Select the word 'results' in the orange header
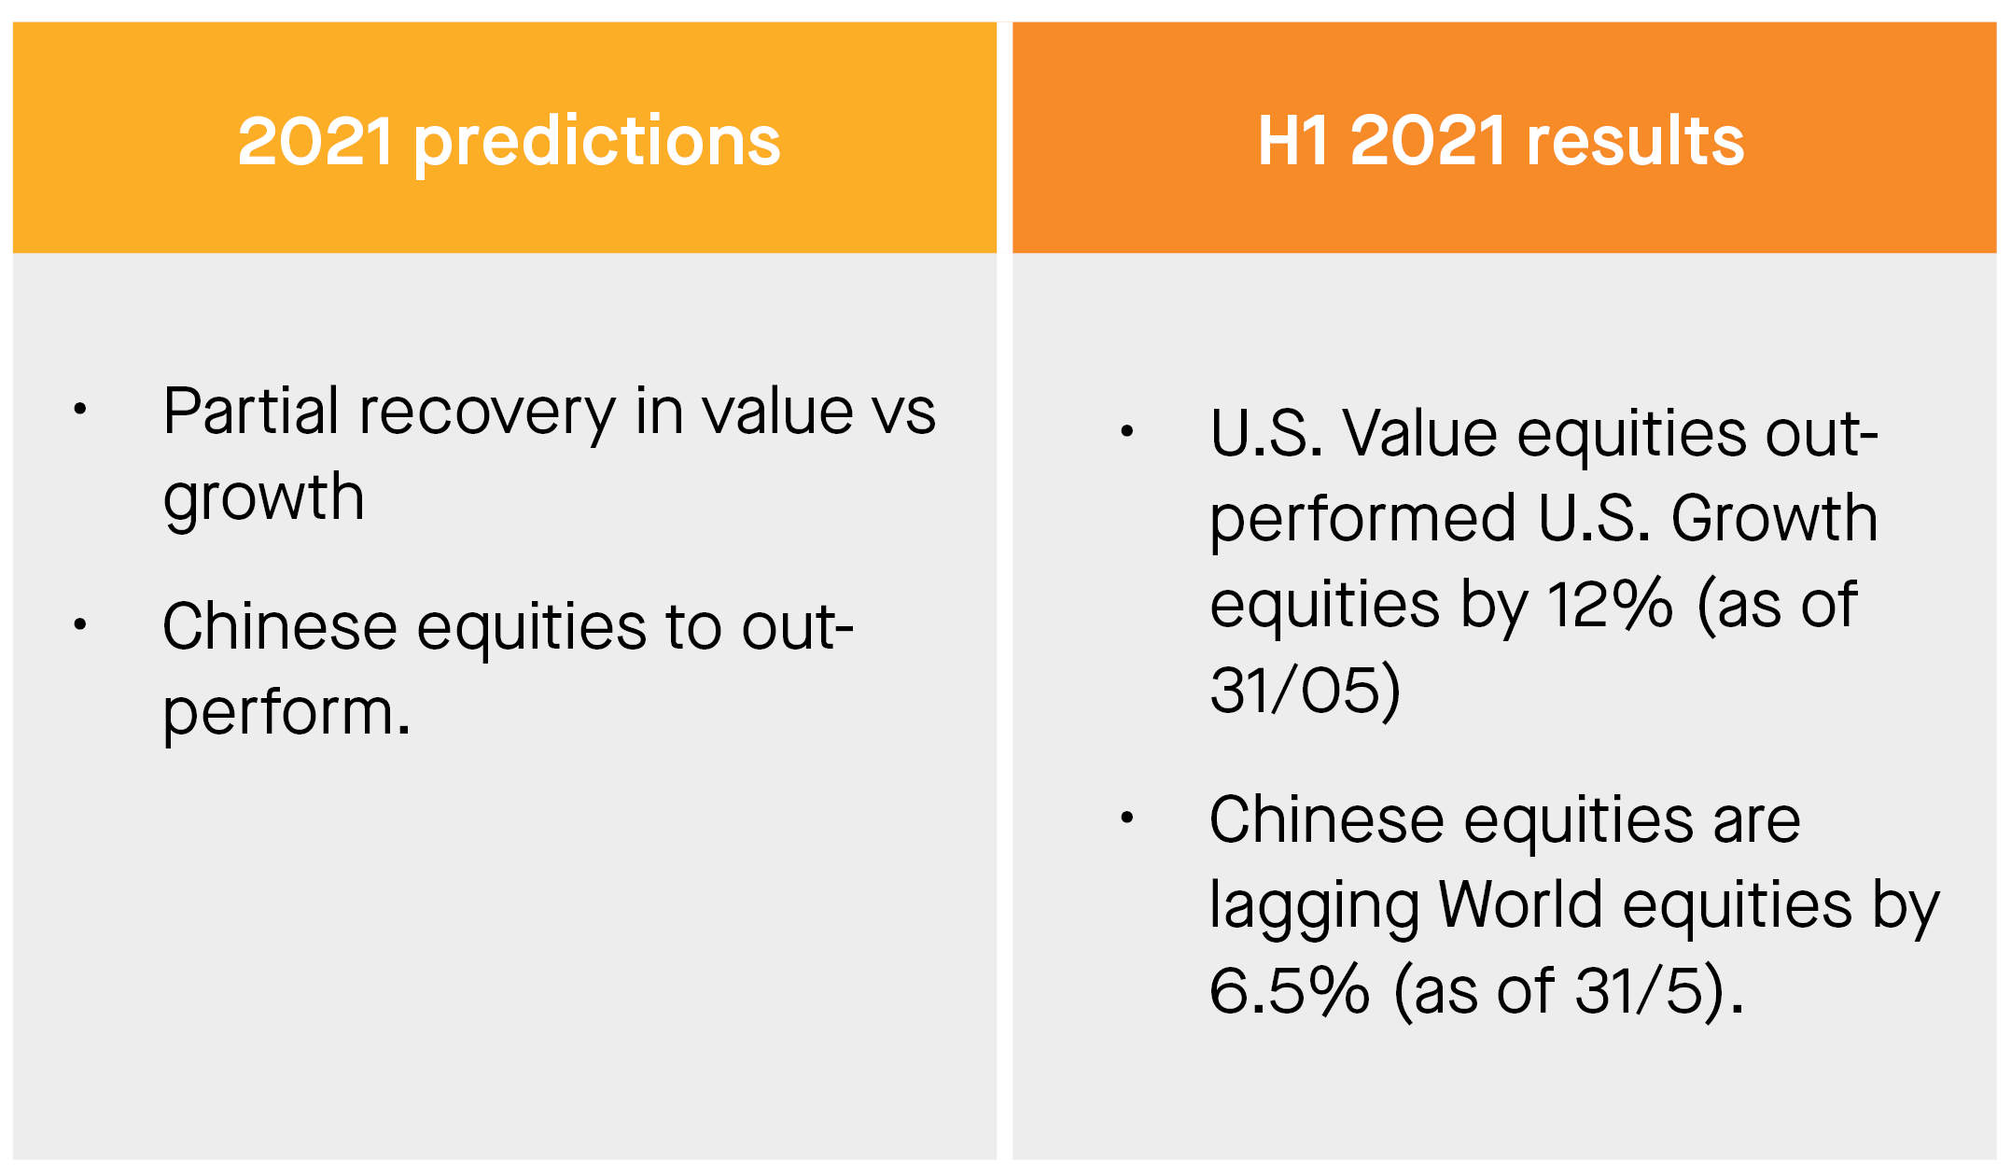(x=1635, y=141)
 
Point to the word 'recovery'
(x=487, y=416)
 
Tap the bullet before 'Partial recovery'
(x=80, y=409)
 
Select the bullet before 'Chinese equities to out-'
(x=80, y=623)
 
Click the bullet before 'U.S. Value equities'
(x=1127, y=430)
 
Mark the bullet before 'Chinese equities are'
(x=1127, y=818)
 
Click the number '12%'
(x=1611, y=605)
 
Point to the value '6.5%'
(x=1290, y=990)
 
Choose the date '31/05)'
(x=1306, y=691)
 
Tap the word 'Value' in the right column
(x=1418, y=433)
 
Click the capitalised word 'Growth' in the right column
(x=1774, y=518)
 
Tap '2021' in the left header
(x=315, y=142)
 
